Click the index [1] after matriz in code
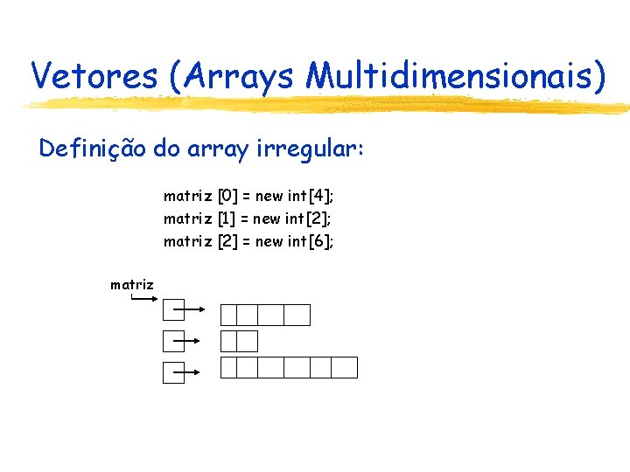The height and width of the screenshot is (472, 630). coord(226,219)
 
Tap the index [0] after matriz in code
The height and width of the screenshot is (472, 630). coord(227,196)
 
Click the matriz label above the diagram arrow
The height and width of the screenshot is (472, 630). coord(132,284)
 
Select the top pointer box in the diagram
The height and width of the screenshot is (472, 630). coord(173,310)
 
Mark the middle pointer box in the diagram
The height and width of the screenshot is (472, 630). coord(173,342)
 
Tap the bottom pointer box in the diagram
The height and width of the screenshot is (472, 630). coord(173,373)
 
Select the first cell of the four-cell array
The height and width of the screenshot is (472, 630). coord(229,315)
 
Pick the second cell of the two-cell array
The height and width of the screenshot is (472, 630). coord(248,341)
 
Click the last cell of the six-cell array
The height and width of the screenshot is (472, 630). coord(346,367)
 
